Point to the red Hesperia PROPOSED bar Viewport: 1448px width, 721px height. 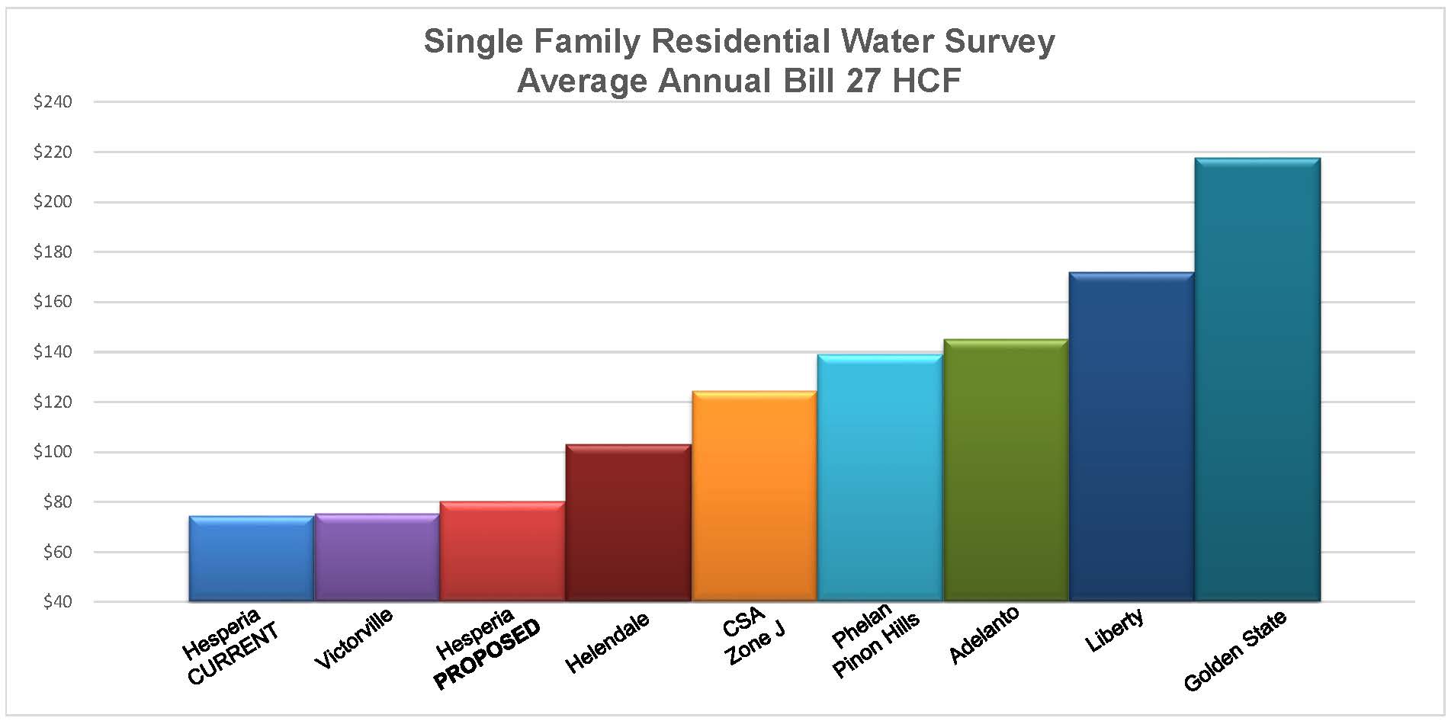coord(502,552)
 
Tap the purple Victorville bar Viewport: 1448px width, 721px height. coord(377,558)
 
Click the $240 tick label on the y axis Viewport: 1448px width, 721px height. coord(53,102)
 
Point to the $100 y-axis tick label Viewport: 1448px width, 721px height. coord(53,452)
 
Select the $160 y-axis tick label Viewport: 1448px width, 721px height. coord(53,302)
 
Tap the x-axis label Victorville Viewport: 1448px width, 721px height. coord(354,638)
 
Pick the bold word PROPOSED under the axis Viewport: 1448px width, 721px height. coord(487,654)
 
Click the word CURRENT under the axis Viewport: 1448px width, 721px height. coord(233,653)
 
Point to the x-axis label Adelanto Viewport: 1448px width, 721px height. coord(984,634)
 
